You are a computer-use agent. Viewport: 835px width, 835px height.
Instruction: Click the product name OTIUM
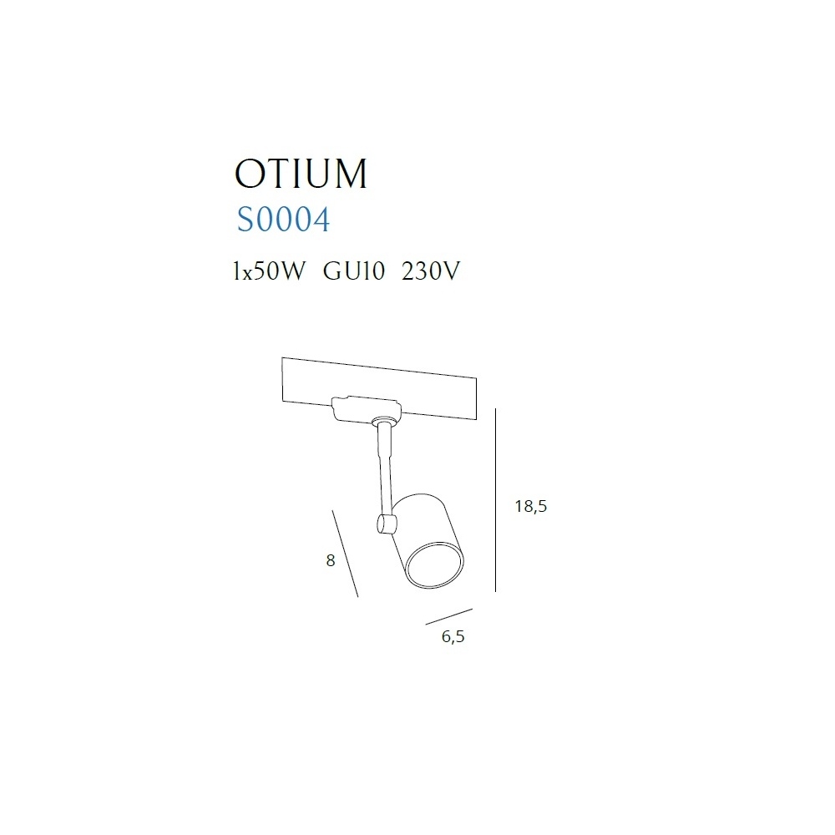[301, 174]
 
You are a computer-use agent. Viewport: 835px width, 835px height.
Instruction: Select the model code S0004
[283, 220]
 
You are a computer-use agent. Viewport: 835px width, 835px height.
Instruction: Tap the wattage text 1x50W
[270, 271]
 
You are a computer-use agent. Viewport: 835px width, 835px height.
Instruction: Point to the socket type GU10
[353, 271]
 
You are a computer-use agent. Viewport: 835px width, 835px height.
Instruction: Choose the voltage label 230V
[431, 271]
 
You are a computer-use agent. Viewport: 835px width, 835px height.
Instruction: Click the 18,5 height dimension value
[531, 506]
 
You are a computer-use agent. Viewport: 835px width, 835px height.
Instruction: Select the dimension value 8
[331, 560]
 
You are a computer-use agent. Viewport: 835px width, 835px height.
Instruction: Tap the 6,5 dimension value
[453, 636]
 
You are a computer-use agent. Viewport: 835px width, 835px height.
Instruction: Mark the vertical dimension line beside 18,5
[496, 500]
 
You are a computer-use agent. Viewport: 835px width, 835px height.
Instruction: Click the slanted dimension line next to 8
[345, 554]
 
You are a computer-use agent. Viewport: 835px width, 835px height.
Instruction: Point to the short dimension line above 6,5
[449, 617]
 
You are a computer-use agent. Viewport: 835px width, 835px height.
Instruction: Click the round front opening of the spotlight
[434, 565]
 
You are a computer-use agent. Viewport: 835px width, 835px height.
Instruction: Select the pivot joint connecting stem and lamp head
[386, 524]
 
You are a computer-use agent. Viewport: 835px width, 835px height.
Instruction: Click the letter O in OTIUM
[250, 174]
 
